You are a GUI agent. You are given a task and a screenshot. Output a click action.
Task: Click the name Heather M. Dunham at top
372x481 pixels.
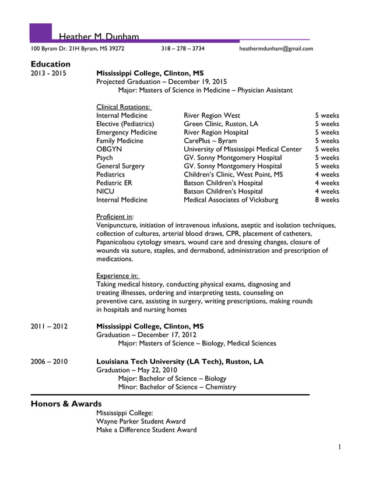(x=99, y=37)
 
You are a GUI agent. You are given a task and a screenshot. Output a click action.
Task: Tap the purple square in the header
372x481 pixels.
(x=40, y=33)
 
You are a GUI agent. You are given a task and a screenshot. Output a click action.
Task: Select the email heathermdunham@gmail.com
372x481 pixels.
(x=276, y=49)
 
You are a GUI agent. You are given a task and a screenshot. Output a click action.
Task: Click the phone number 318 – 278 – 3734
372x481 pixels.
(x=183, y=49)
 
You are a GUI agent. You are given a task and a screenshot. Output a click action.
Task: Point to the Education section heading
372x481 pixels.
(x=50, y=63)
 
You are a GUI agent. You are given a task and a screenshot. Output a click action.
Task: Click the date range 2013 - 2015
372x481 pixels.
(x=48, y=73)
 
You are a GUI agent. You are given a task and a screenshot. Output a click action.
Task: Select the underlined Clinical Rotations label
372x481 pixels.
(x=124, y=107)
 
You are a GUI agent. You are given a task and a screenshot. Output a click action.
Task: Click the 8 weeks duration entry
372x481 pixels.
(x=327, y=200)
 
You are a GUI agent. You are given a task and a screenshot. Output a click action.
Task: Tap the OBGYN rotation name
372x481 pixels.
(x=108, y=149)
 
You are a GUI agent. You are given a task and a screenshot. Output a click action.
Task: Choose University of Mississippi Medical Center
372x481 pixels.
(x=243, y=149)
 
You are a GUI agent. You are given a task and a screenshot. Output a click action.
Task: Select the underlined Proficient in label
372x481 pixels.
(x=114, y=217)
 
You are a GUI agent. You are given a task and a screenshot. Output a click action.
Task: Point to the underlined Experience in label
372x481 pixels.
(x=117, y=275)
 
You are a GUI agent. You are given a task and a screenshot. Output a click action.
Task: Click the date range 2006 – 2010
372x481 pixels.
(x=49, y=362)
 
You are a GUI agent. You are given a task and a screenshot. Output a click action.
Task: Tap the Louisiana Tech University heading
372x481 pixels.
(x=180, y=362)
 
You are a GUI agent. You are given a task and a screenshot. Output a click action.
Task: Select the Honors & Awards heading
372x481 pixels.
(x=66, y=404)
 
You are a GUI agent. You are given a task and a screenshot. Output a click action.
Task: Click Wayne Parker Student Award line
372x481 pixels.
(x=141, y=421)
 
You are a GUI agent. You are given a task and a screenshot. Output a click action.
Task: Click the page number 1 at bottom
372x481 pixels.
(x=339, y=447)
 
